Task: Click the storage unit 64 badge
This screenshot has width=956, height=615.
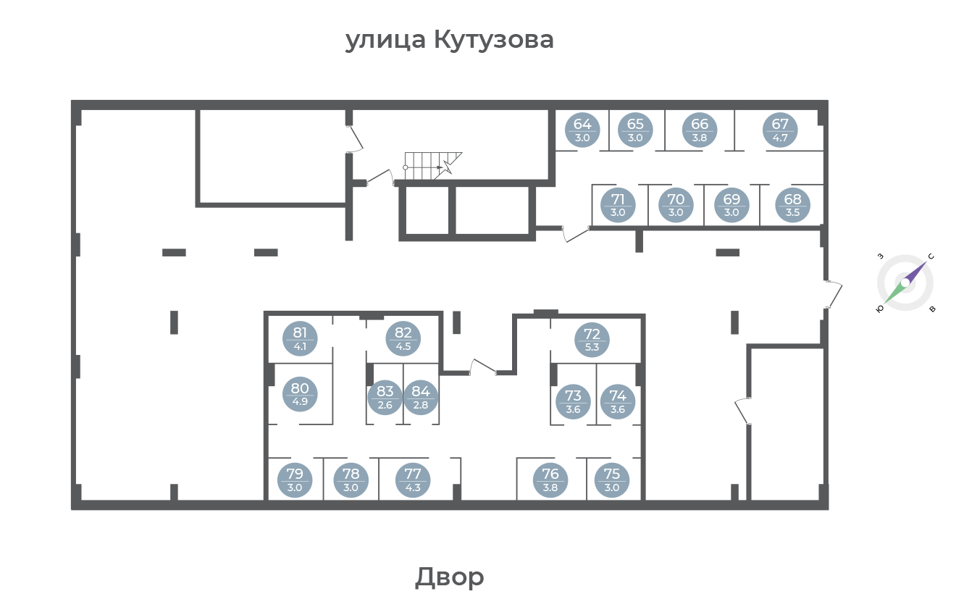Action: pos(582,130)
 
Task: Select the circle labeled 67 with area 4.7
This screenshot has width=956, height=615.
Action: pos(780,130)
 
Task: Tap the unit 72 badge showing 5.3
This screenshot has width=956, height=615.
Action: pos(592,340)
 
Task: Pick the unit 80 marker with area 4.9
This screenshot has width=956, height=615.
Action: pos(300,394)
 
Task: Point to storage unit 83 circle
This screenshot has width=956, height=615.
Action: pos(385,398)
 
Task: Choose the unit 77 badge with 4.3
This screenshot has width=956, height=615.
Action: pos(413,480)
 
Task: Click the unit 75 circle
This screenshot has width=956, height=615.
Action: pos(611,480)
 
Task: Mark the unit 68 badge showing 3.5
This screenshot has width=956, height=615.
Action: pos(792,205)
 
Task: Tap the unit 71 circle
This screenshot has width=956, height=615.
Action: pos(618,205)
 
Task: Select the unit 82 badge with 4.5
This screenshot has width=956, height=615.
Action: pos(403,339)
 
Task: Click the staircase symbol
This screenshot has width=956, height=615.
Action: pos(432,166)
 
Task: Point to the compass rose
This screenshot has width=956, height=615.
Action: pos(905,283)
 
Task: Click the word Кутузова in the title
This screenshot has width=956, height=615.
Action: pos(494,41)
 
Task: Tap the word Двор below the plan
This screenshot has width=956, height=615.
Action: pos(450,577)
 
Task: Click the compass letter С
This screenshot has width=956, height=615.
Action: pos(931,256)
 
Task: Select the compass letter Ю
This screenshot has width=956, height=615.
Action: pos(880,309)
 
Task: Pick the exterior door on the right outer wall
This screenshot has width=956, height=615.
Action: pos(834,294)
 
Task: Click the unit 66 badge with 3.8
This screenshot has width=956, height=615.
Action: pos(700,130)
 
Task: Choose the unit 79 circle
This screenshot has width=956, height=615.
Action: pos(295,480)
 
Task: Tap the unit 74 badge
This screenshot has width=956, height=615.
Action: pos(618,402)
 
